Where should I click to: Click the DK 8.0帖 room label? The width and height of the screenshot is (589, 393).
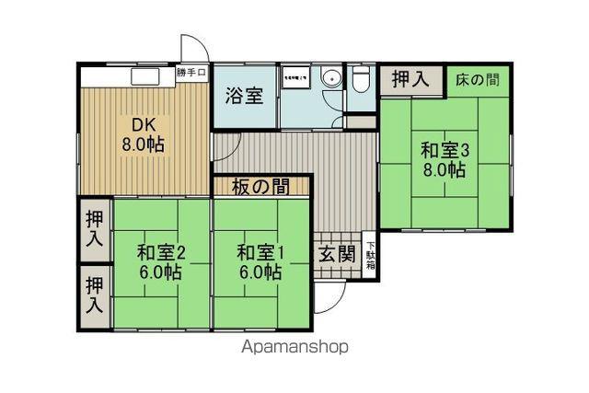tap(143, 134)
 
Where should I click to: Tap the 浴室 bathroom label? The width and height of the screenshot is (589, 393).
tap(246, 94)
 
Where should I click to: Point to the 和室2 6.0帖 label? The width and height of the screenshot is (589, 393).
tap(162, 261)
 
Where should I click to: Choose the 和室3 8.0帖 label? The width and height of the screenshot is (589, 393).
tap(445, 159)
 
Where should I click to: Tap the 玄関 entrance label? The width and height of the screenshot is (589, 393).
tap(338, 254)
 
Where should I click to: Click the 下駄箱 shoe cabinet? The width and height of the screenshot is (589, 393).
tap(371, 254)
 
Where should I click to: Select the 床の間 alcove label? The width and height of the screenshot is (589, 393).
tap(478, 79)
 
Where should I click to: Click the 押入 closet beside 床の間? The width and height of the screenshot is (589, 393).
tap(410, 79)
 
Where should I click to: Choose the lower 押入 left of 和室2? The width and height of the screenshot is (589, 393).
tap(94, 293)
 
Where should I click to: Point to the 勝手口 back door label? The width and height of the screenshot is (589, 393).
tap(192, 73)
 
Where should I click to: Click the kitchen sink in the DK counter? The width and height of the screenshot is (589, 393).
tap(145, 76)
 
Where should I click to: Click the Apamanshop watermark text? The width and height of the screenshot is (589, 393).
tap(294, 347)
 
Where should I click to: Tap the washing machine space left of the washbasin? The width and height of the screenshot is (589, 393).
tap(298, 78)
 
